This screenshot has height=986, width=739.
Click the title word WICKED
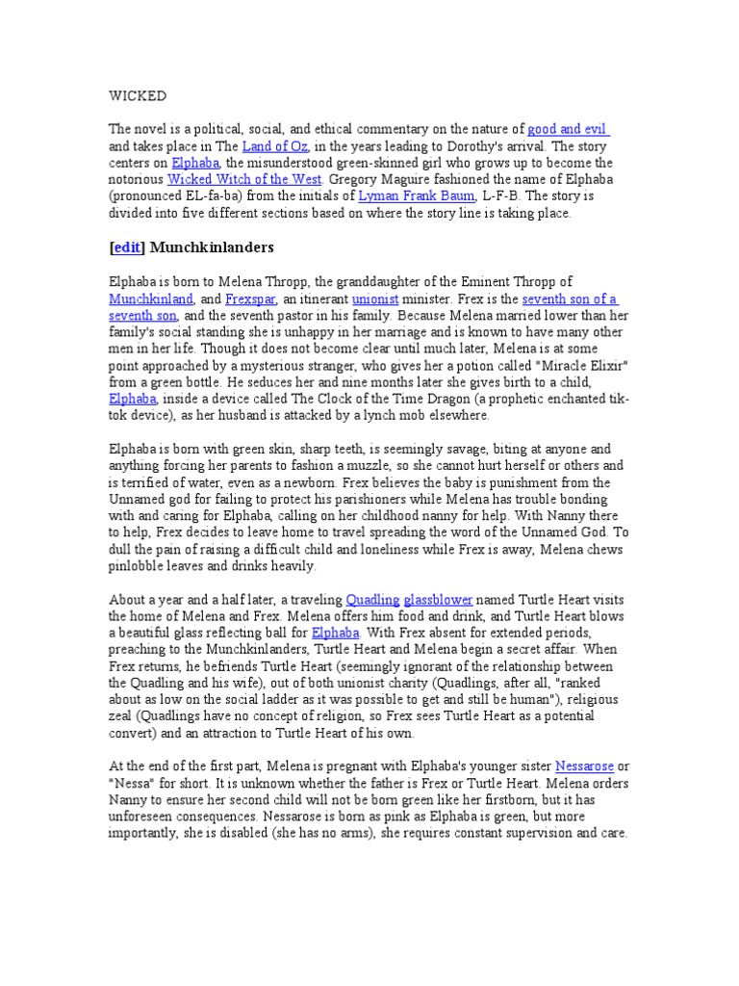pos(137,96)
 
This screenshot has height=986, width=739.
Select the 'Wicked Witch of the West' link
pos(245,179)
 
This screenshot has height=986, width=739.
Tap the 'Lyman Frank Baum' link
pos(416,196)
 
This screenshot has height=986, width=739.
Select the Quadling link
pos(372,598)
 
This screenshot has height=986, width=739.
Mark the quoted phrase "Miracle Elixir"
pos(575,366)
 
